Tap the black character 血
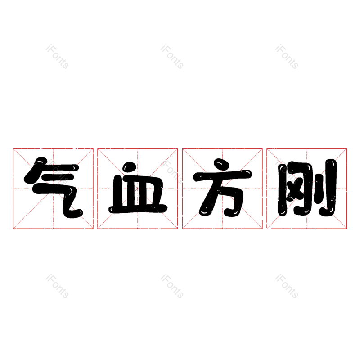pos(137,189)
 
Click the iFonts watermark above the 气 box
pos(57,57)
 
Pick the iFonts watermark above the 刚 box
pos(287,57)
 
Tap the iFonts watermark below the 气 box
pos(57,286)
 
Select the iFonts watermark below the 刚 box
pos(287,286)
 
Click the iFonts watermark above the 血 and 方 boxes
pos(172,57)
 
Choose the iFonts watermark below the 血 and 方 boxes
pos(172,286)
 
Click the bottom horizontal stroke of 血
pos(137,208)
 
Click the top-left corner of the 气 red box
pos(13,149)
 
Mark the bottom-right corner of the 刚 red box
pos(346,229)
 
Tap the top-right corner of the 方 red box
pos(262,149)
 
